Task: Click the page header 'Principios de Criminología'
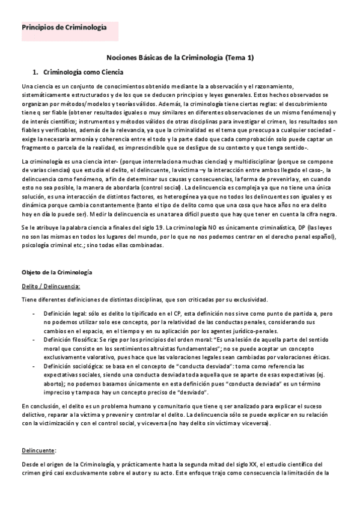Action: tap(64, 28)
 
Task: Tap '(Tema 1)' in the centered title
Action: tap(239, 58)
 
